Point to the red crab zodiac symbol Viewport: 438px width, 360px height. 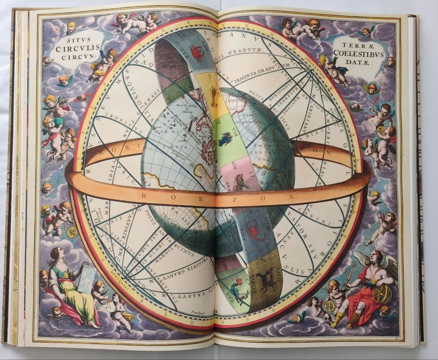point(197,53)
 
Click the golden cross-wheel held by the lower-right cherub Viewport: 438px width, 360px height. point(329,306)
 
